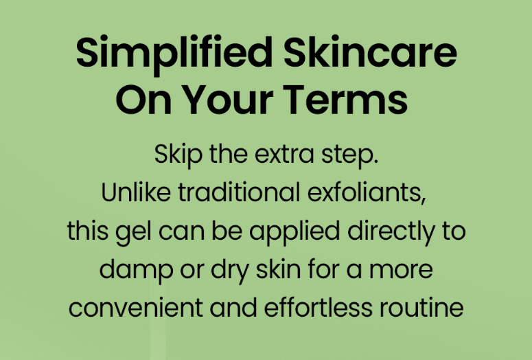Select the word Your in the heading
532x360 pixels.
coord(229,99)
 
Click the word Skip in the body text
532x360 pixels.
coord(178,155)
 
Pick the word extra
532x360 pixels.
coord(284,155)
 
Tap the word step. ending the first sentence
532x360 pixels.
coord(350,156)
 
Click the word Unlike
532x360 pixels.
coord(136,192)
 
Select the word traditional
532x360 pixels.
coord(239,192)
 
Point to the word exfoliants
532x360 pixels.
coord(367,193)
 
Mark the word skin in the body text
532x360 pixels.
coord(278,269)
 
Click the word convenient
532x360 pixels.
coord(135,307)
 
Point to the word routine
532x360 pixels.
coord(421,307)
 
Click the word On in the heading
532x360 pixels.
coord(143,99)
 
